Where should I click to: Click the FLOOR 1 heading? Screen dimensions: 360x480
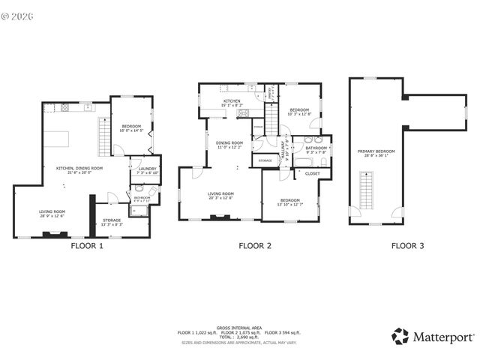[x=87, y=245]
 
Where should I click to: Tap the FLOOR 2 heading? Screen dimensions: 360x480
[x=255, y=245]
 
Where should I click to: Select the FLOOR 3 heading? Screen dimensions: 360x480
[x=407, y=245]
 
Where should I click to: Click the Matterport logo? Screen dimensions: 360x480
[x=431, y=335]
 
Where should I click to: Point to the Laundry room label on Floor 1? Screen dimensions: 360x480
[x=147, y=170]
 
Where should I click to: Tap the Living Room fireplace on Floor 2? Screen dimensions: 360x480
[x=220, y=217]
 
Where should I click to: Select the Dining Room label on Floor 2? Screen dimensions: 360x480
[x=229, y=144]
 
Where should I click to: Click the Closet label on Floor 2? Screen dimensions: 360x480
[x=312, y=173]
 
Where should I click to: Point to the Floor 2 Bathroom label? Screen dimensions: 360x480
[x=316, y=149]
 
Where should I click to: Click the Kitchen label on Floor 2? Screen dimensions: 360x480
[x=231, y=103]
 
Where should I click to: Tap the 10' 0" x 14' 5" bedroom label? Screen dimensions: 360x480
[x=130, y=128]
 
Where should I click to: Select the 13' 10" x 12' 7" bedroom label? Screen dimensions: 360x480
[x=290, y=202]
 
